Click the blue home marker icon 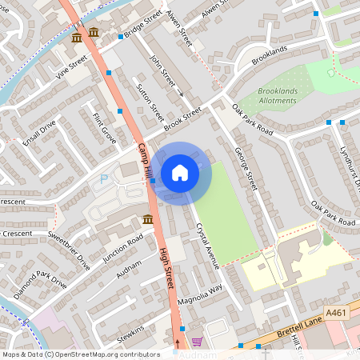(180, 173)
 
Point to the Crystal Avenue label (207, 234)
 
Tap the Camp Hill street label (145, 160)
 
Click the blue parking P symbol (103, 181)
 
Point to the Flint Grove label (104, 129)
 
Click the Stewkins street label (130, 333)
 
